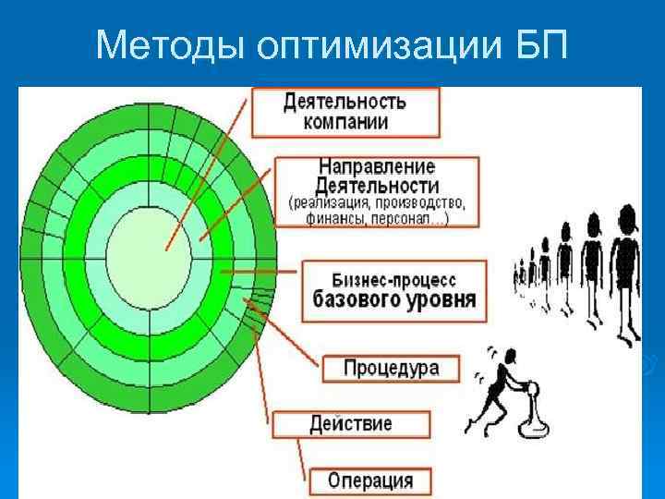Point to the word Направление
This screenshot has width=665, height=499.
pyautogui.click(x=376, y=166)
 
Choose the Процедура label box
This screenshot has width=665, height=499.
pyautogui.click(x=391, y=368)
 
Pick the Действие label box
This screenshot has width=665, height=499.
pyautogui.click(x=350, y=424)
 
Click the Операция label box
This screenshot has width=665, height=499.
pyautogui.click(x=370, y=481)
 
